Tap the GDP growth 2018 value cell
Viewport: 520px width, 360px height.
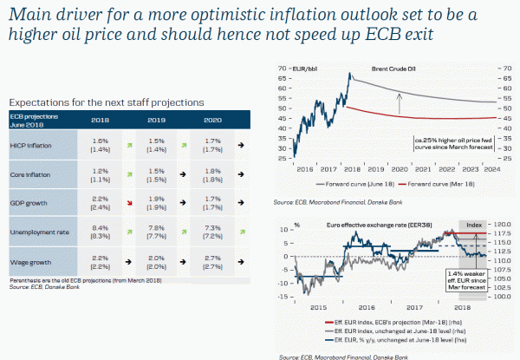(x=99, y=203)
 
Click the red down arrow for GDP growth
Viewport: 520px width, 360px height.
(x=128, y=203)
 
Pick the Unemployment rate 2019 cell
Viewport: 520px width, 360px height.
(x=158, y=232)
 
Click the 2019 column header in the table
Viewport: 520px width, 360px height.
(x=158, y=120)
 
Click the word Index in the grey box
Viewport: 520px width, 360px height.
(x=475, y=225)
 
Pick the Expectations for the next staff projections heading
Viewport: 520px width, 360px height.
(x=105, y=101)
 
